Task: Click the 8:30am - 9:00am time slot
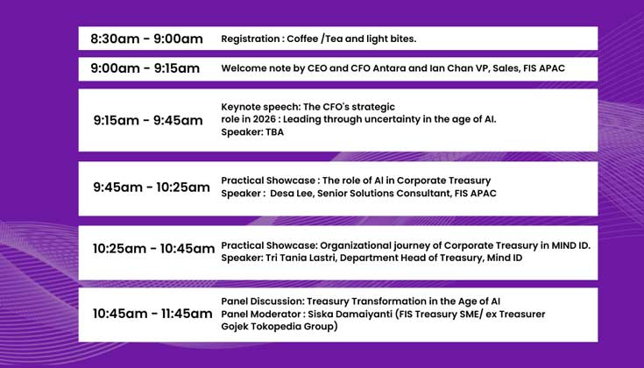click(146, 39)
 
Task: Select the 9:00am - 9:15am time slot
click(145, 68)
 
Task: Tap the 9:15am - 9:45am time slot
click(147, 120)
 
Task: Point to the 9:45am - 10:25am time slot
click(152, 187)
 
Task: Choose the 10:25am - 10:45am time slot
click(153, 249)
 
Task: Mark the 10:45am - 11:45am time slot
click(152, 313)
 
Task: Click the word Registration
click(250, 39)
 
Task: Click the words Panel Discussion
click(260, 300)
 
